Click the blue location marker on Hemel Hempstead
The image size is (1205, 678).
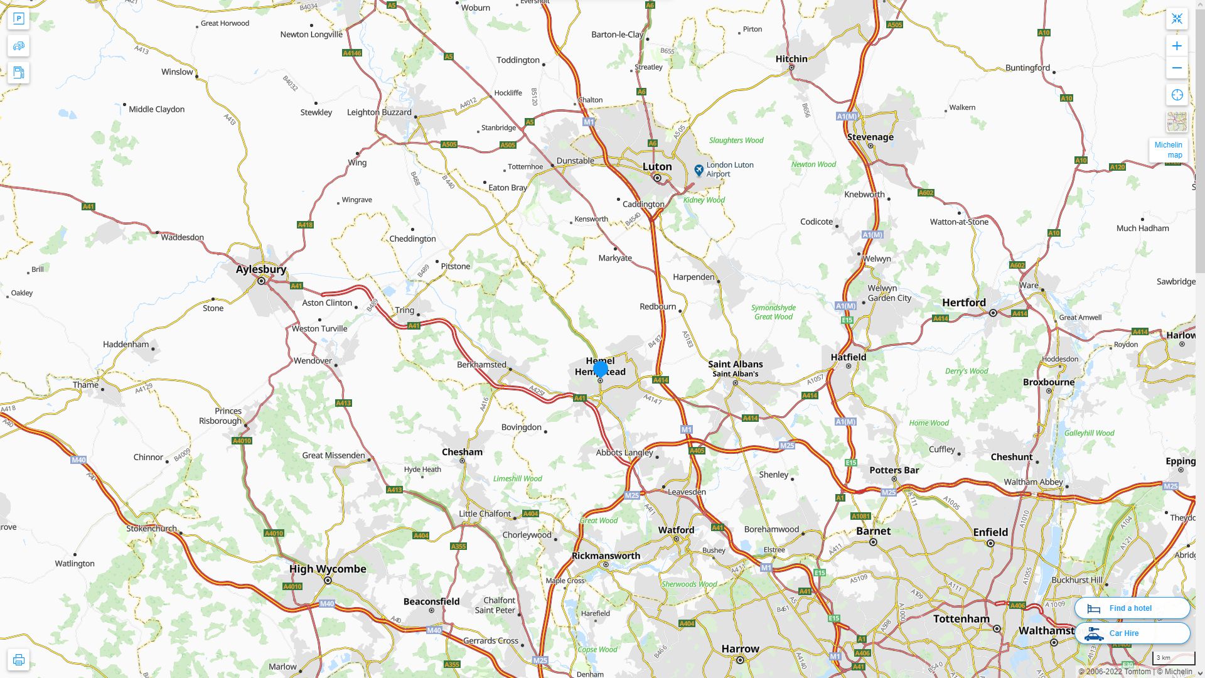[x=600, y=369]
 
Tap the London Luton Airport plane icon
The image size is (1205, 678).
[x=699, y=170]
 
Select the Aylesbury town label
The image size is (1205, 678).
[x=261, y=269]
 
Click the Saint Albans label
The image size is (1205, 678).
[x=735, y=364]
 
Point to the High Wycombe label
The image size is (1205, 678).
[x=328, y=569]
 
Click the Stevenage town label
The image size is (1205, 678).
[x=870, y=137]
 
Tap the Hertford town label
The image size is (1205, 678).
[x=963, y=303]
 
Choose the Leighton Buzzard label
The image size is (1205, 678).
[x=379, y=112]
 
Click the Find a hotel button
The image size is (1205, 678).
[x=1132, y=608]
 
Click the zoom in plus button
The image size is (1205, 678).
[x=1177, y=46]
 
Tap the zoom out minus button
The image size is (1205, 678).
[x=1177, y=68]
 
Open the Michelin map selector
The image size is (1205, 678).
[x=1168, y=149]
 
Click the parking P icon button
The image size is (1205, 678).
[x=18, y=19]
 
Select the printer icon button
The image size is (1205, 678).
[x=18, y=660]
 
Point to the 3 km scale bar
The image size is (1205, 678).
[x=1173, y=658]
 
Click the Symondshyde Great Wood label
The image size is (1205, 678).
[x=773, y=312]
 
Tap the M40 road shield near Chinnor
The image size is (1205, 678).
[x=78, y=460]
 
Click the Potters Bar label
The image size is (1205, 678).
[x=894, y=470]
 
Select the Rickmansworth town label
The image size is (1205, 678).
[x=606, y=556]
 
